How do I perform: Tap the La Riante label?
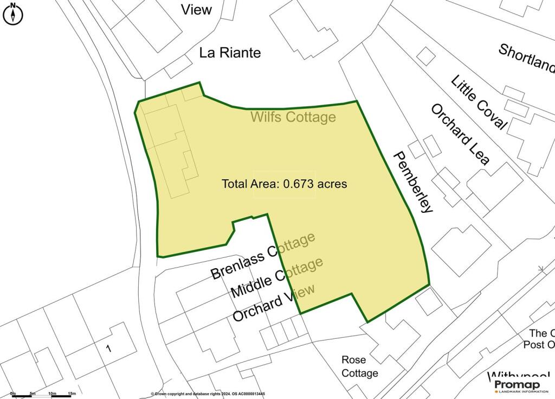pyautogui.click(x=230, y=53)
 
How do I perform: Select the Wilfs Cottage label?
pyautogui.click(x=293, y=117)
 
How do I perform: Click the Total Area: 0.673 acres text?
pyautogui.click(x=284, y=184)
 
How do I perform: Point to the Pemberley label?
pyautogui.click(x=414, y=182)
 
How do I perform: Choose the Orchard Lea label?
pyautogui.click(x=460, y=134)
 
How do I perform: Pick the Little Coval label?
pyautogui.click(x=479, y=103)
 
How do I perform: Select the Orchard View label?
pyautogui.click(x=274, y=302)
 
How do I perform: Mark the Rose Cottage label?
pyautogui.click(x=359, y=366)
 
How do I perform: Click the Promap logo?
pyautogui.click(x=521, y=386)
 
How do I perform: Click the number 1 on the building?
pyautogui.click(x=108, y=349)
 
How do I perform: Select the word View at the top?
pyautogui.click(x=196, y=10)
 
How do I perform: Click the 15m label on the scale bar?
pyautogui.click(x=72, y=392)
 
